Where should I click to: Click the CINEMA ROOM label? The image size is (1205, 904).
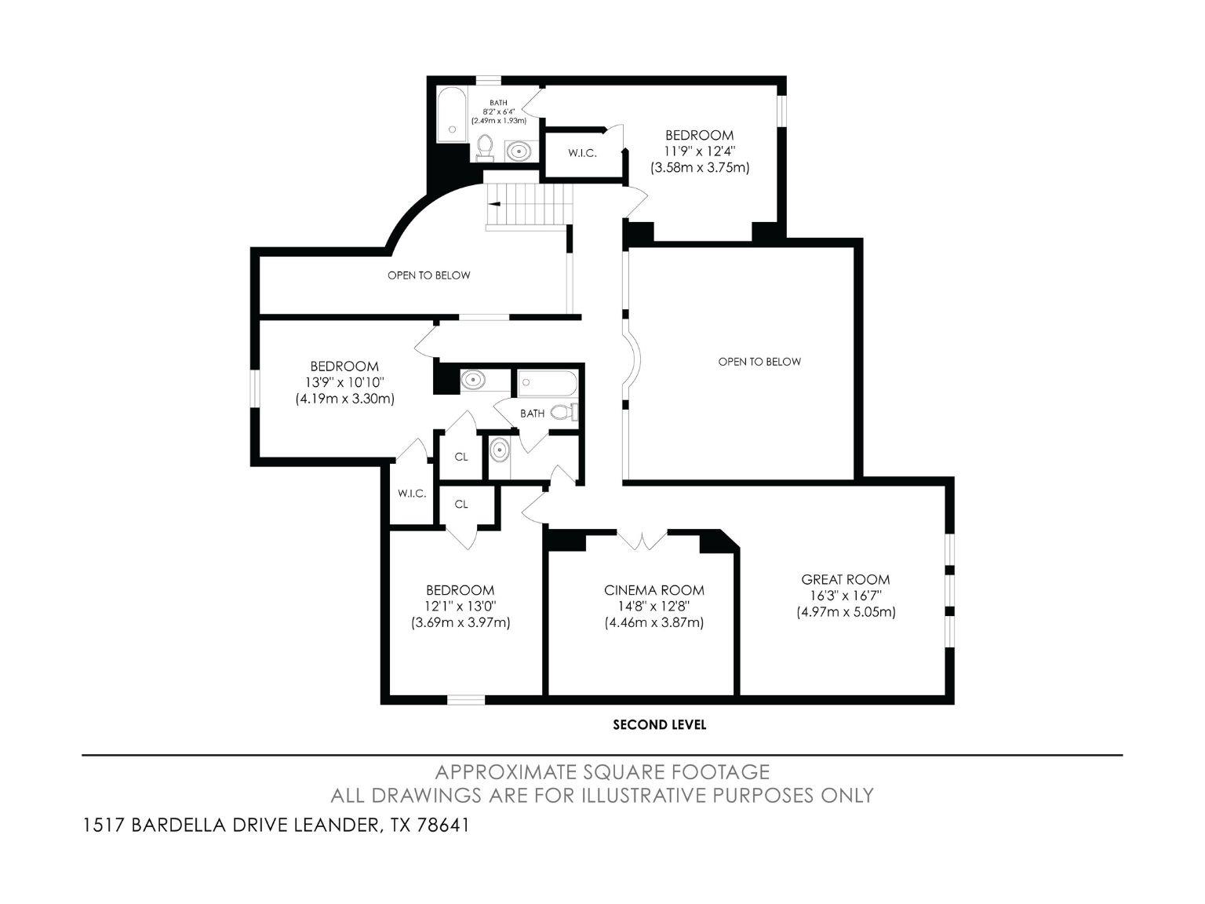[x=653, y=590]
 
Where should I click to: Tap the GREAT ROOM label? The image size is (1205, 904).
[x=845, y=579]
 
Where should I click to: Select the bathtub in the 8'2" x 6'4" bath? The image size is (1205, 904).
[x=451, y=115]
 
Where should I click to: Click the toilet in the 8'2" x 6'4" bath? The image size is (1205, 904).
[x=485, y=147]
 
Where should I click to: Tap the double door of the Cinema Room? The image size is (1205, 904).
[x=643, y=540]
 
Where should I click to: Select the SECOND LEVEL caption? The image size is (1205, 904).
[x=659, y=725]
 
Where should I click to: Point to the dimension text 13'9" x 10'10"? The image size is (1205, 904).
[x=344, y=382]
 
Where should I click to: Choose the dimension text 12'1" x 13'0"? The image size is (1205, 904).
[x=460, y=606]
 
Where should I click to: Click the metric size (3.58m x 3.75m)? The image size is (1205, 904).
[x=699, y=167]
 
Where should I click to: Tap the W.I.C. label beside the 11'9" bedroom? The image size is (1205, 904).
[x=582, y=153]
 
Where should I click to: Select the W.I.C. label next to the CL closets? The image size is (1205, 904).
[x=412, y=494]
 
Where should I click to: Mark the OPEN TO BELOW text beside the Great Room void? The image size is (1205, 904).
[x=759, y=362]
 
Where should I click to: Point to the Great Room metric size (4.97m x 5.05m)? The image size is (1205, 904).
[x=845, y=612]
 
